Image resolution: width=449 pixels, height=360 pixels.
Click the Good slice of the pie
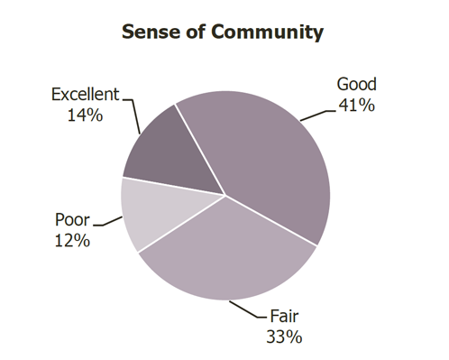pyautogui.click(x=270, y=153)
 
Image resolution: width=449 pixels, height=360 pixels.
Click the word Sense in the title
pyautogui.click(x=150, y=32)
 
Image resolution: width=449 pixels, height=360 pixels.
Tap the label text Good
pyautogui.click(x=356, y=85)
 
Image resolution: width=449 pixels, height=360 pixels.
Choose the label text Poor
pyautogui.click(x=72, y=220)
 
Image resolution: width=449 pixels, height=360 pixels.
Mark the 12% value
pyautogui.click(x=72, y=240)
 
